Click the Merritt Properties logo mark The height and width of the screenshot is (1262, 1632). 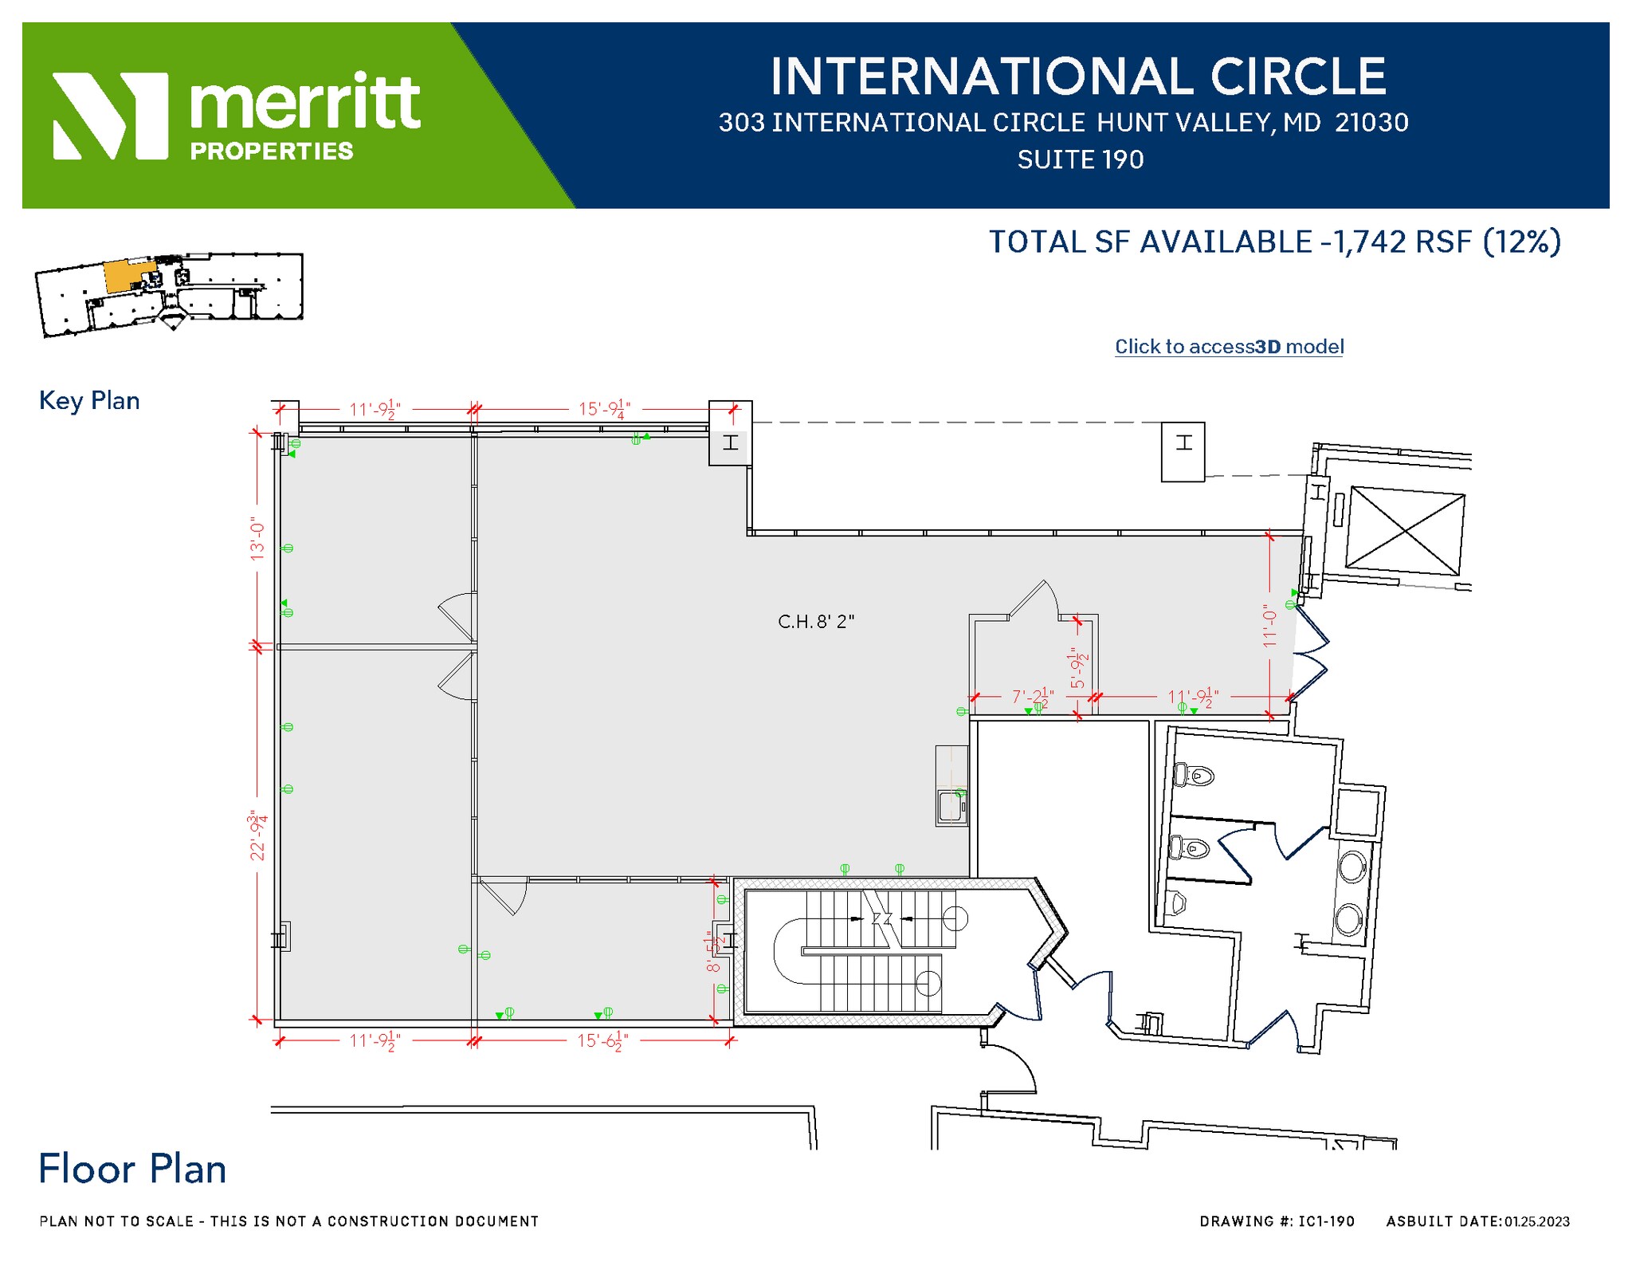(x=110, y=116)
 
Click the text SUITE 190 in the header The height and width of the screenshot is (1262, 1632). (x=1080, y=160)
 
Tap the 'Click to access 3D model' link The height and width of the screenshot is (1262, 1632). (x=1229, y=347)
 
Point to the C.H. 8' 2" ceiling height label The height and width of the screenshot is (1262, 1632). (x=816, y=622)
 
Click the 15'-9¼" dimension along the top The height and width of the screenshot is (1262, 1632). (x=604, y=409)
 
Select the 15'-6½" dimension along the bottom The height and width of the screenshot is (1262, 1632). (x=602, y=1041)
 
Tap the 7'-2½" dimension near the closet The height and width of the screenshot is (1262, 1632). (x=1032, y=697)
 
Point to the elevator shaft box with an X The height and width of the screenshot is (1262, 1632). (x=1405, y=531)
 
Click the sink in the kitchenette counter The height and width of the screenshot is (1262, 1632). (x=951, y=806)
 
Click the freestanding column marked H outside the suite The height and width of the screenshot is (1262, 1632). (x=1183, y=451)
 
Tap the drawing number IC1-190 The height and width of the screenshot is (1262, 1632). (x=1326, y=1221)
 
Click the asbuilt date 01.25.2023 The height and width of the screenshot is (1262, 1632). (x=1536, y=1221)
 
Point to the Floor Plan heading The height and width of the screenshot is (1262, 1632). (x=132, y=1170)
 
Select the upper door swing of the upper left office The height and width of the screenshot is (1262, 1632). (x=457, y=615)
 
